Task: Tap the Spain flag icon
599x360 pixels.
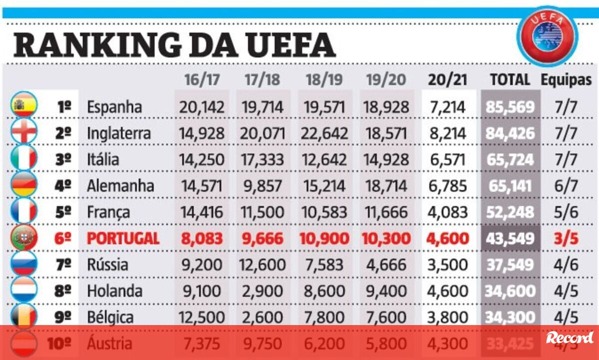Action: [x=23, y=106]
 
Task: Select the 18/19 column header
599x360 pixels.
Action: [x=325, y=80]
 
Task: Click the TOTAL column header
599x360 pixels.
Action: [x=510, y=80]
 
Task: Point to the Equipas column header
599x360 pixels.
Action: [x=566, y=80]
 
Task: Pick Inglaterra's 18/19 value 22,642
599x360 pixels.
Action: [x=325, y=133]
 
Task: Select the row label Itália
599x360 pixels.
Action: [x=103, y=160]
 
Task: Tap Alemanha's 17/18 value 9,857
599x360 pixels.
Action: [x=264, y=186]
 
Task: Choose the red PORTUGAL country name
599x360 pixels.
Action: [x=123, y=238]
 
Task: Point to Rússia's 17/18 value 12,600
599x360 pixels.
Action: [x=263, y=265]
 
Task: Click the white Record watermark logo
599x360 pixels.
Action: [x=570, y=338]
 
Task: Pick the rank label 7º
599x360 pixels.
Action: [x=63, y=265]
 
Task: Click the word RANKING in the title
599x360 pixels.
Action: [x=97, y=45]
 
